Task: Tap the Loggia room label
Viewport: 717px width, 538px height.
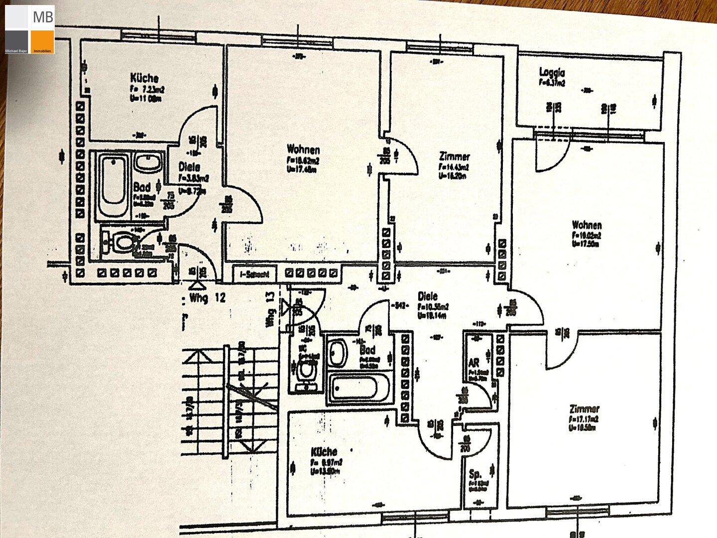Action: [552, 71]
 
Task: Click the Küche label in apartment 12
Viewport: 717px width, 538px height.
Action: [144, 78]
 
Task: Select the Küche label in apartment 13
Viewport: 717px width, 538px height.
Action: [324, 452]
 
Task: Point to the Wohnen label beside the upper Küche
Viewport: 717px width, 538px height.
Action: [303, 149]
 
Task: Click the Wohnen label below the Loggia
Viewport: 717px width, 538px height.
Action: [587, 225]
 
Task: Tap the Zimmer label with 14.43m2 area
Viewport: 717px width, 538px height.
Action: [454, 156]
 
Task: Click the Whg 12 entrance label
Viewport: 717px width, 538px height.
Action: [208, 298]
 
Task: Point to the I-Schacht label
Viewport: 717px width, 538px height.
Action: [254, 273]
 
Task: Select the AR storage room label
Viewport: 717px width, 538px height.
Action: [473, 362]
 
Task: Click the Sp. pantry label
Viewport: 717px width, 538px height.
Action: [475, 474]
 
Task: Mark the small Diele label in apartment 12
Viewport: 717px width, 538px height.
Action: [189, 167]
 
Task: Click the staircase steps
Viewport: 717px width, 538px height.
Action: [209, 389]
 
